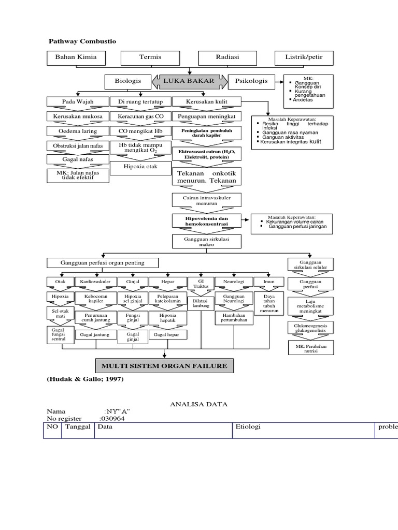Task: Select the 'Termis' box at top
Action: [x=150, y=57]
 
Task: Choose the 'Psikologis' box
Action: [x=251, y=81]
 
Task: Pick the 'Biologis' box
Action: [x=127, y=81]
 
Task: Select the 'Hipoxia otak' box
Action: [x=140, y=167]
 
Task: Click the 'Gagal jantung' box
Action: [x=95, y=335]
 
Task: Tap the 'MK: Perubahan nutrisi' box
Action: [x=311, y=347]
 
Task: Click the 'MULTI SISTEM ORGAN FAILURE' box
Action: [x=164, y=366]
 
